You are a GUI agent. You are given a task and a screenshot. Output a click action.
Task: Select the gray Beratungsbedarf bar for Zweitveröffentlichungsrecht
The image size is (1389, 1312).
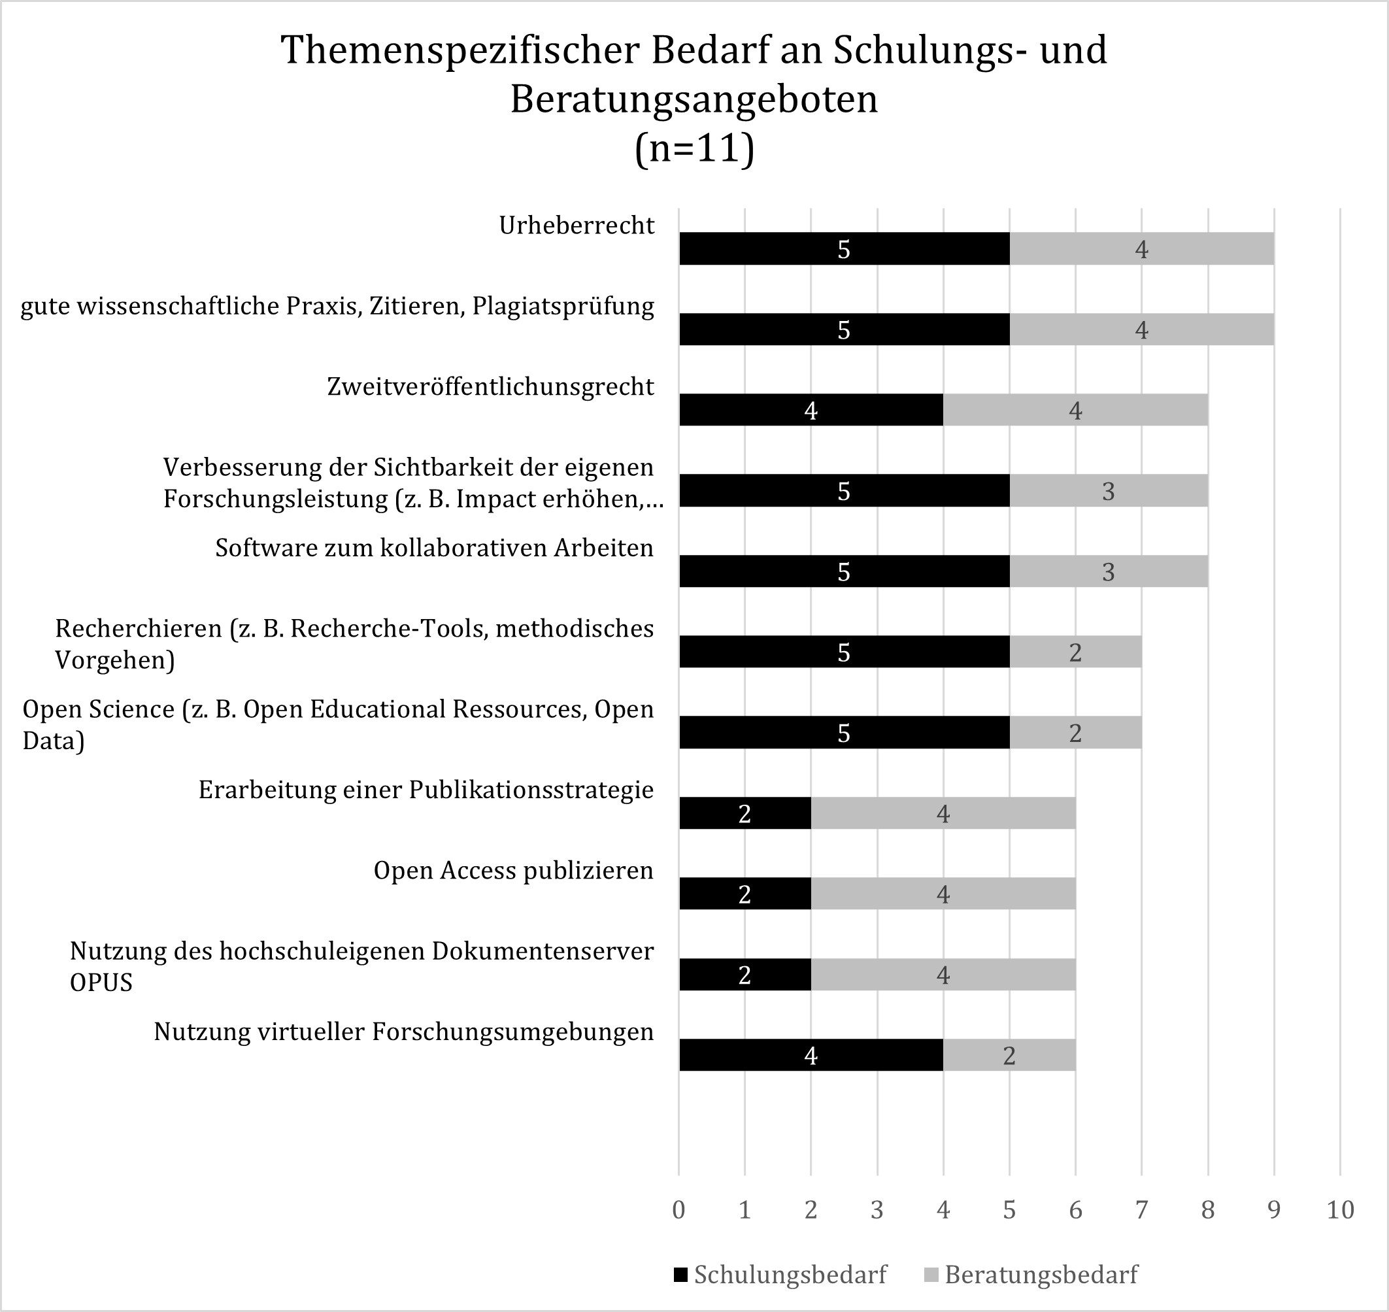1075,410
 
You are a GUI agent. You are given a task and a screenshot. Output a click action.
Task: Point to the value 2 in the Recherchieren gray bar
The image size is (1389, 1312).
1075,652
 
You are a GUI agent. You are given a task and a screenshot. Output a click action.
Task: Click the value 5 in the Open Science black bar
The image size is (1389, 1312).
843,733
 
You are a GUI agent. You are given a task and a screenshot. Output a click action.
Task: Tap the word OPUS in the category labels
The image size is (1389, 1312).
101,983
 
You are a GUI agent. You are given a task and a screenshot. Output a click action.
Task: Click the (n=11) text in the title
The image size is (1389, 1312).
694,148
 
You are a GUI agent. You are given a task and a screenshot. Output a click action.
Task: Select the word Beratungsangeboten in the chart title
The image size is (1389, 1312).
694,99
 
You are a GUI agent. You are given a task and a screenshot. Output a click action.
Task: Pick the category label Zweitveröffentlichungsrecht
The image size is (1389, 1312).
490,387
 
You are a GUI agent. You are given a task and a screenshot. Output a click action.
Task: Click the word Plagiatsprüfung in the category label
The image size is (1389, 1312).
563,307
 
